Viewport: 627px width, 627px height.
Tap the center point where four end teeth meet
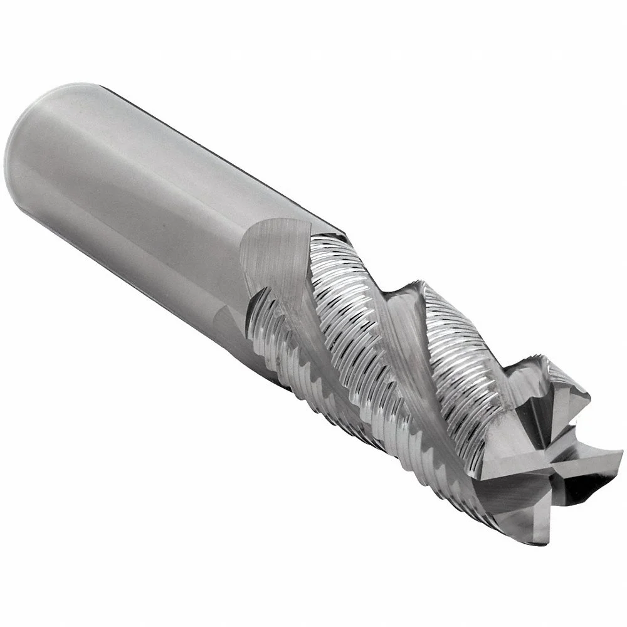[x=544, y=461]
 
